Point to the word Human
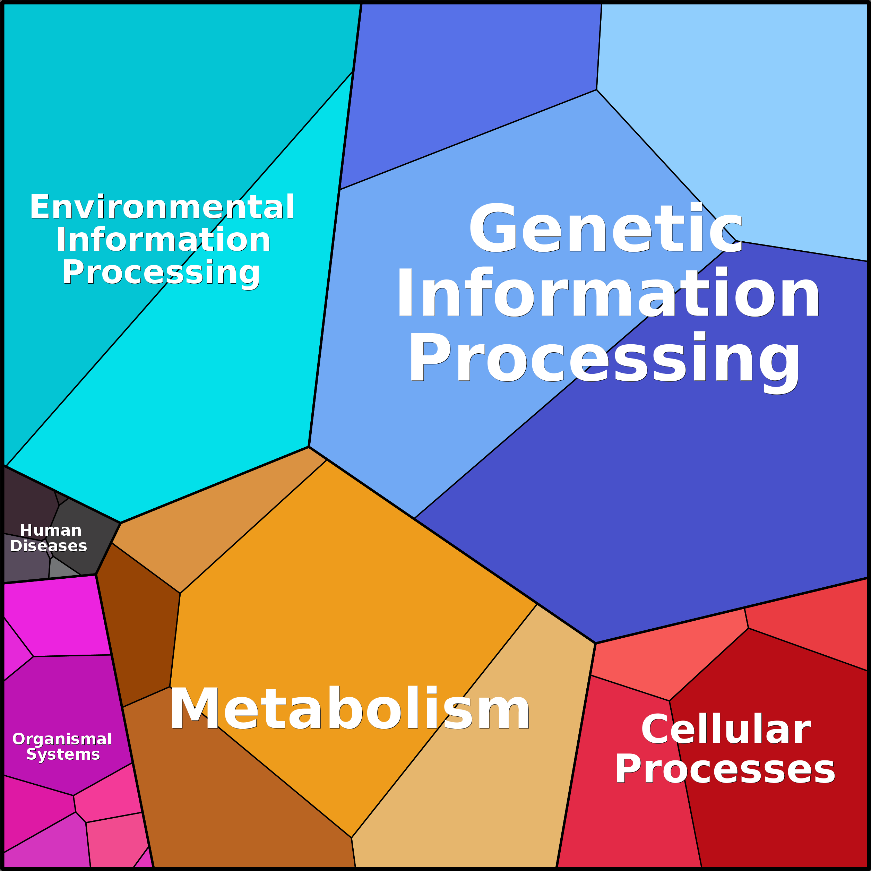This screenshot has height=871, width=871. pos(51,530)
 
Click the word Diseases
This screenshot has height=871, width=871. pos(49,546)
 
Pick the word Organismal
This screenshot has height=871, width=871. pos(62,739)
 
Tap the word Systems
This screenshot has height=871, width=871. pos(63,754)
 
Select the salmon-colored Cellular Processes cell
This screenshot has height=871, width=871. pos(654,658)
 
